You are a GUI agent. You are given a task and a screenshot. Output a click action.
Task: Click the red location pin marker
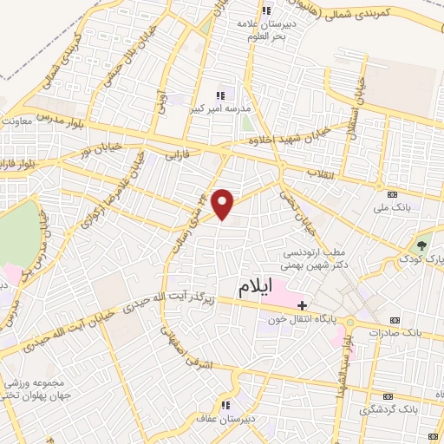[x=224, y=204]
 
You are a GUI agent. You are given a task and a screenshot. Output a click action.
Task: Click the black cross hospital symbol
[x=302, y=305]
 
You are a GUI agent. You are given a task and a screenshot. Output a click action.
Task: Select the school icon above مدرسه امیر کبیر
[x=220, y=95]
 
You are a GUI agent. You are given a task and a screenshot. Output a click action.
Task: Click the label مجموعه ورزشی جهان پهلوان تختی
[x=31, y=388]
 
